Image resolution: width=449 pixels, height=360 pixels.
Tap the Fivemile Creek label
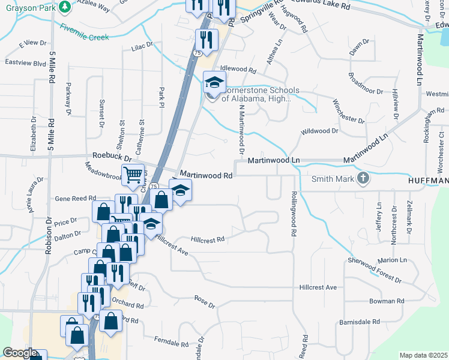tap(84, 32)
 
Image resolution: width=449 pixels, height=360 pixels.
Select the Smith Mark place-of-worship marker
tap(363, 178)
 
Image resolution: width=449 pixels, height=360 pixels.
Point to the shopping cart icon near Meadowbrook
tap(133, 175)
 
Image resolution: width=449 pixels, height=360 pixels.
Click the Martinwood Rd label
tap(206, 176)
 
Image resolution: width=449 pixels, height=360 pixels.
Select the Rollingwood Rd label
tap(295, 213)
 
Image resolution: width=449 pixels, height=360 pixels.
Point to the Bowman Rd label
tap(387, 301)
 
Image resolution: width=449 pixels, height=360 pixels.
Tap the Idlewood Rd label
tap(238, 70)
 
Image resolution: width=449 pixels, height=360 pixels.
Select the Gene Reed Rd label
tap(75, 198)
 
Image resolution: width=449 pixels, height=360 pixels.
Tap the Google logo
tap(20, 353)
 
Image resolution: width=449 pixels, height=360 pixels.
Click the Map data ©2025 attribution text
tap(424, 355)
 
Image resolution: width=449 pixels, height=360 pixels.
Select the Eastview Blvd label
tap(25, 62)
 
